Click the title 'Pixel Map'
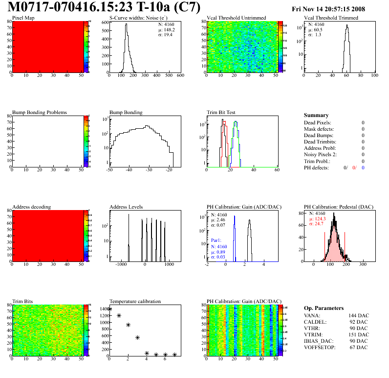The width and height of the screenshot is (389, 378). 23,18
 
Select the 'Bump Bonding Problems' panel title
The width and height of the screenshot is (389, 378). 40,113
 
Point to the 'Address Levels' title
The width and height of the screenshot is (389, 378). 127,207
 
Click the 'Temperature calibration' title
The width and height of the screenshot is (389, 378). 135,302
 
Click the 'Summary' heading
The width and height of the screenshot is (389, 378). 316,116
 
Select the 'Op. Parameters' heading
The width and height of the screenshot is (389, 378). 324,308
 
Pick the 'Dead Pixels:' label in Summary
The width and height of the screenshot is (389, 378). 318,122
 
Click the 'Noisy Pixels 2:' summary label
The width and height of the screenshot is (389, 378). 322,155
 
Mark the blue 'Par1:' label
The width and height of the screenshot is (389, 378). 216,241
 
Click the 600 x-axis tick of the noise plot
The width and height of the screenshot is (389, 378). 180,76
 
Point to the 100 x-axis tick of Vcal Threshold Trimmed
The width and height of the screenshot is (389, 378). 374,76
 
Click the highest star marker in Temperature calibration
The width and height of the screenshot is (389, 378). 110,309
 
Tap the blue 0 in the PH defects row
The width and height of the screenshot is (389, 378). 363,167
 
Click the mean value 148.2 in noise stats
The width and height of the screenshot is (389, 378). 170,29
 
